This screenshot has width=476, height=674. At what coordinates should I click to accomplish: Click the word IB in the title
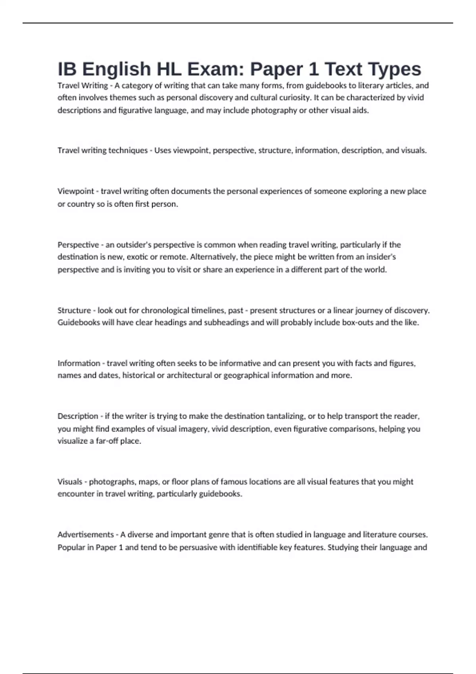tap(67, 69)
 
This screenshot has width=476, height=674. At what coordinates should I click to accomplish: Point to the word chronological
tap(165, 310)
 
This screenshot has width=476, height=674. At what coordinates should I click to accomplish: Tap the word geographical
tap(246, 375)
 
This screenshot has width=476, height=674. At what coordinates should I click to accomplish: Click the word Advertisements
tap(86, 534)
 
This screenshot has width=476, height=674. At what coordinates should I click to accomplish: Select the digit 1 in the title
tap(313, 69)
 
